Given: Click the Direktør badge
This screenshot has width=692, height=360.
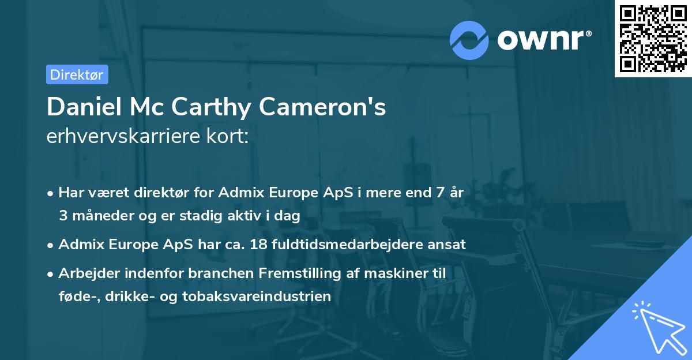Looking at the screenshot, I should pyautogui.click(x=77, y=74).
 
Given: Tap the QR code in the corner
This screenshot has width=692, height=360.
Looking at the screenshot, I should pyautogui.click(x=652, y=38).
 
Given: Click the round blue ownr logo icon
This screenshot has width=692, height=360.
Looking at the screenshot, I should pyautogui.click(x=469, y=40).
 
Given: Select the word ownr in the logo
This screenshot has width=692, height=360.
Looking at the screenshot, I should pyautogui.click(x=539, y=40).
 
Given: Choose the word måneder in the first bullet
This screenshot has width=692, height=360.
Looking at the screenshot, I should pyautogui.click(x=100, y=216).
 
